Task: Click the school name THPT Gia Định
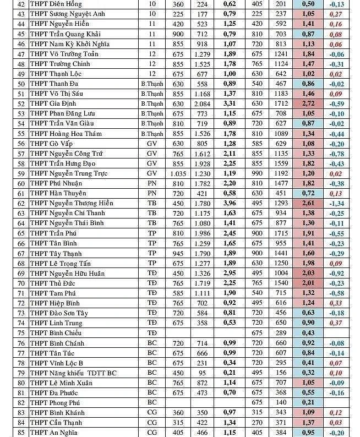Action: click(54, 103)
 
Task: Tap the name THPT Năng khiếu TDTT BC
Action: click(73, 373)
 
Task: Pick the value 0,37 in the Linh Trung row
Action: click(335, 323)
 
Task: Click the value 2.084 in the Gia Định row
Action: click(202, 103)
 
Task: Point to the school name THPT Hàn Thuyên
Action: click(58, 193)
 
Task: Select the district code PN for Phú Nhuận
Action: click(152, 183)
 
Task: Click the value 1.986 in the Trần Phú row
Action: click(202, 233)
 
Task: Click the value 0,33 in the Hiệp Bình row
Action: click(335, 303)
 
